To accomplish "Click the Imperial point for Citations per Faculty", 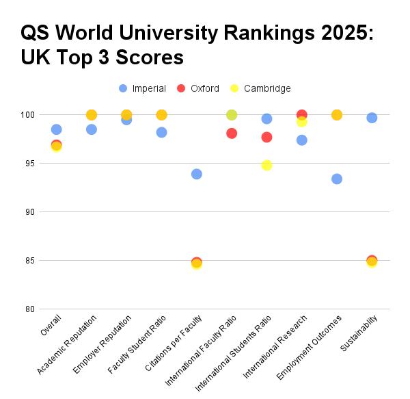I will point(197,174).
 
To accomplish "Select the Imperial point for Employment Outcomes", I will point(337,179).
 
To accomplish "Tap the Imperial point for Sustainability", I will point(372,118).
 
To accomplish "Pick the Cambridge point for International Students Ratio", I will point(266,165).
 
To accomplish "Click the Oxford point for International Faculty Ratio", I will point(232,133).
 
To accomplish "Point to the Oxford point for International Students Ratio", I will point(266,137).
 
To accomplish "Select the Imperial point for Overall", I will point(56,129).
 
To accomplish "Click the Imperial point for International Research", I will point(302,140).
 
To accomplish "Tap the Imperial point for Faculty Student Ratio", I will point(161,132).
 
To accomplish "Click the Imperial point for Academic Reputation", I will point(92,129).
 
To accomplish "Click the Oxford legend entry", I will point(198,88).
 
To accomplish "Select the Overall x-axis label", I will point(51,324).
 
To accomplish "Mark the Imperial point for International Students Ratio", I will point(266,118).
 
